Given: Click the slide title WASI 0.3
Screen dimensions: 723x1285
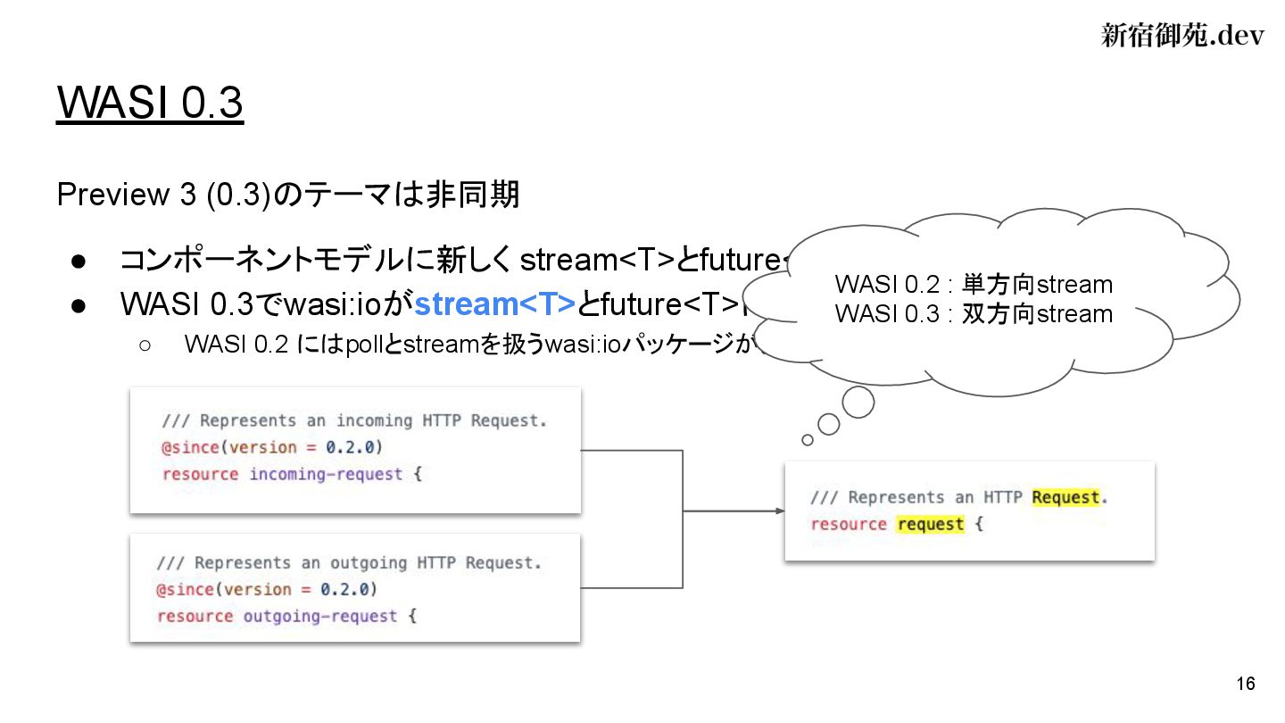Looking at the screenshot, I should point(150,104).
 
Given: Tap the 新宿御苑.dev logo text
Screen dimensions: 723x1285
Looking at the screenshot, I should point(1182,36).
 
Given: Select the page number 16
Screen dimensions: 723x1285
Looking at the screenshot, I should point(1246,685).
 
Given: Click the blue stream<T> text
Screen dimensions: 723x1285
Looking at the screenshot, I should point(495,304).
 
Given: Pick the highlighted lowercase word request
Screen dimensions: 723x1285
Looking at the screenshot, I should point(931,524).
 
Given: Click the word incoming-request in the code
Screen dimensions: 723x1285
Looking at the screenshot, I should point(326,474).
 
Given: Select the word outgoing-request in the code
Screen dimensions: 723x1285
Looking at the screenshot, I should point(320,616).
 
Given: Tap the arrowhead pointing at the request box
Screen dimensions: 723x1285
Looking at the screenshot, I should point(780,511).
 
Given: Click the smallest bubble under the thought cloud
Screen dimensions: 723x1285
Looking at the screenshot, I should point(808,439).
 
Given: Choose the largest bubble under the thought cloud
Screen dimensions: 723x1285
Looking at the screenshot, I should point(858,403).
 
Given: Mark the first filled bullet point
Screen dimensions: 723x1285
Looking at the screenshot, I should point(78,261).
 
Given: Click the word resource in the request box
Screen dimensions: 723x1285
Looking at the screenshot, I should point(849,524).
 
